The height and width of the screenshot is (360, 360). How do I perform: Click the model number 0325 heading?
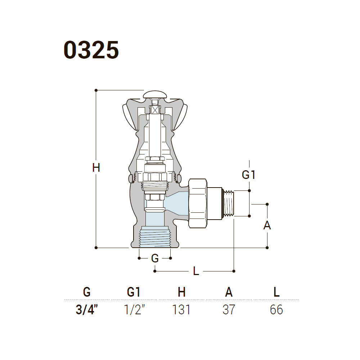(x=91, y=50)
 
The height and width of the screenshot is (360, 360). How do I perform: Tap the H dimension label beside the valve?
(x=96, y=167)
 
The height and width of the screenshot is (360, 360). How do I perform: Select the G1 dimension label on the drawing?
(x=249, y=175)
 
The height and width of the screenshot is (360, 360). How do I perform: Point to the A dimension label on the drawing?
(x=267, y=225)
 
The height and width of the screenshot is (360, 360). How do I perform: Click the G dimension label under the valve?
(x=155, y=258)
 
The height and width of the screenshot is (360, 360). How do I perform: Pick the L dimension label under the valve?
(x=196, y=271)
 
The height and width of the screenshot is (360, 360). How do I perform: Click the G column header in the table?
(x=87, y=292)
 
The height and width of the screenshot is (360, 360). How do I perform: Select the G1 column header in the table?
(x=134, y=292)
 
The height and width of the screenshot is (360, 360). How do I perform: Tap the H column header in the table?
(x=181, y=292)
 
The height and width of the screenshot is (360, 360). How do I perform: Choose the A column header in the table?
(x=229, y=292)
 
